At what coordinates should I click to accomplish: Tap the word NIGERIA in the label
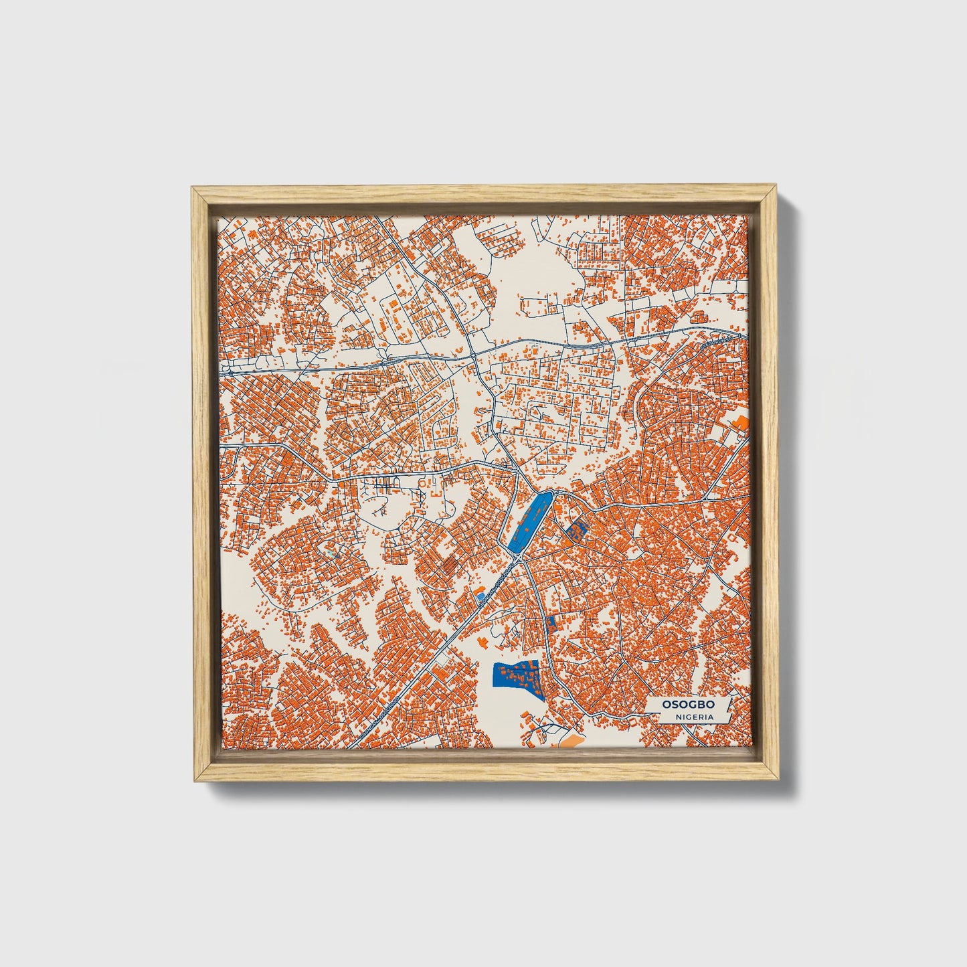pos(693,717)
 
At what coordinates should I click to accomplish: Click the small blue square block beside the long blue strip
pos(575,532)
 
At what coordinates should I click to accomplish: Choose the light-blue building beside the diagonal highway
pos(480,594)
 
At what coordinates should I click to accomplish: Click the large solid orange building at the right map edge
pos(740,423)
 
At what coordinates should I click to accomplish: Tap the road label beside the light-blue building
pos(499,584)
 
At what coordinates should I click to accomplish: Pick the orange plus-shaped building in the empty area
pos(483,642)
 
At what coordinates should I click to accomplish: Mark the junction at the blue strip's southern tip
pos(520,557)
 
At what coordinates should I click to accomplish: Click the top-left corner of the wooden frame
pos(192,188)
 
